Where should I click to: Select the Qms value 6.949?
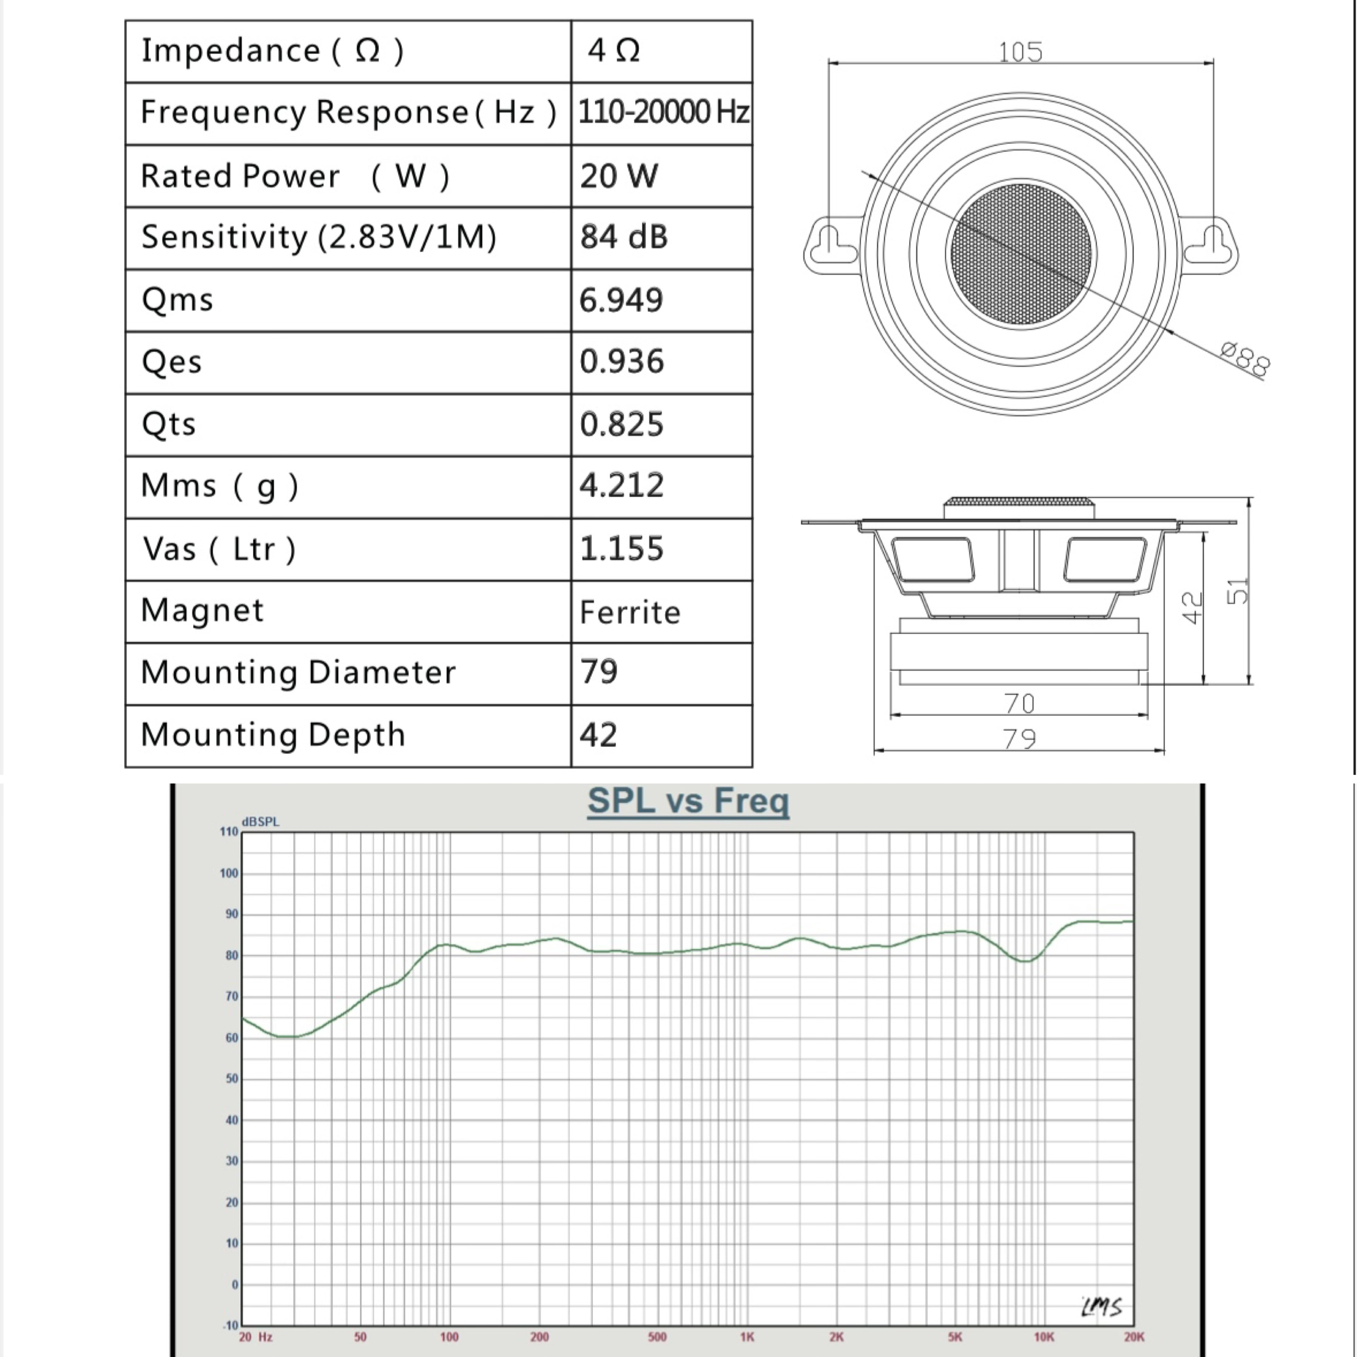(621, 300)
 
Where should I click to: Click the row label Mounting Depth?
(273, 735)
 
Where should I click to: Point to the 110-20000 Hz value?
(663, 112)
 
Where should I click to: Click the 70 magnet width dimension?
(1019, 703)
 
